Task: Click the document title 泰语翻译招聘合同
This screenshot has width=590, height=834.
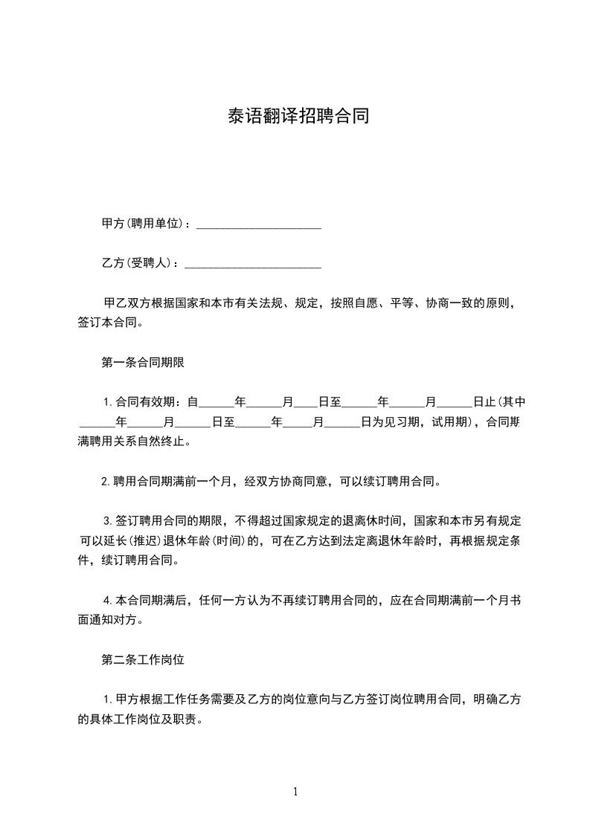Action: click(298, 117)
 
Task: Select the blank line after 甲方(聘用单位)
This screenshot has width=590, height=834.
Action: click(258, 225)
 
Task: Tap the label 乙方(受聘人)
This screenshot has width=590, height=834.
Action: click(140, 263)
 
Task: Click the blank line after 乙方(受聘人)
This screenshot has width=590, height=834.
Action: click(252, 265)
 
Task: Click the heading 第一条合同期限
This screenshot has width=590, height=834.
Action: click(143, 363)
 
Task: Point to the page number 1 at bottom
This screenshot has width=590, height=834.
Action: click(295, 792)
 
